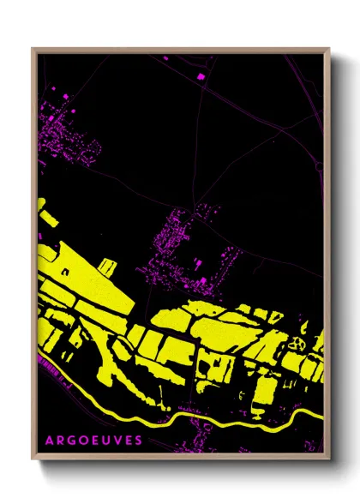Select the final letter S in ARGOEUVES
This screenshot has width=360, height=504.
pos(139,440)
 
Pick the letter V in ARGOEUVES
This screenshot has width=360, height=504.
pos(117,440)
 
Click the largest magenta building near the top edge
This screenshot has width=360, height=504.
pos(202,77)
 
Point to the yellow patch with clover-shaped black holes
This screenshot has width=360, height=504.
pos(299,342)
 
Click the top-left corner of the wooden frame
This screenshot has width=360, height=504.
pos(33,49)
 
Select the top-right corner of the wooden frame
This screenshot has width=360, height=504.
pos(329,49)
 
